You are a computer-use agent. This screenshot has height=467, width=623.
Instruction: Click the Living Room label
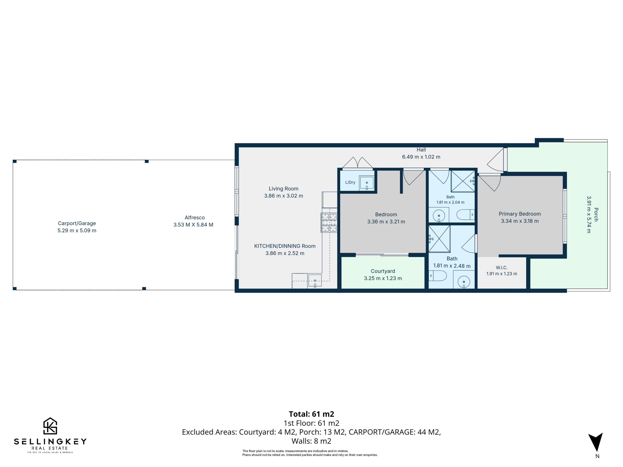(283, 189)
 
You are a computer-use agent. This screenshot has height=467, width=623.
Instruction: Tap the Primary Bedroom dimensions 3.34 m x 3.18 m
(520, 221)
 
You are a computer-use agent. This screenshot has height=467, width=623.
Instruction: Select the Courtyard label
(383, 271)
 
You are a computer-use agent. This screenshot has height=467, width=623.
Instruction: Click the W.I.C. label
(502, 268)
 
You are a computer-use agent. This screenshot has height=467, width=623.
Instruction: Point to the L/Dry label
(350, 182)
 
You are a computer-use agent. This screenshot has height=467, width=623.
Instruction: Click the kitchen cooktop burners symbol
(329, 222)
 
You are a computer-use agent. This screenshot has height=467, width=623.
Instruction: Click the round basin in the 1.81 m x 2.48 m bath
(464, 281)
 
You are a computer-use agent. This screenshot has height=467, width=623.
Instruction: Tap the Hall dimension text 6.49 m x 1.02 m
(421, 157)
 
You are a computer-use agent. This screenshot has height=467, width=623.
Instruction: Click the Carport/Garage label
(77, 223)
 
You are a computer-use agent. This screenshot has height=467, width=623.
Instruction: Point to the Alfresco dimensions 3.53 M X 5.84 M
(193, 225)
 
